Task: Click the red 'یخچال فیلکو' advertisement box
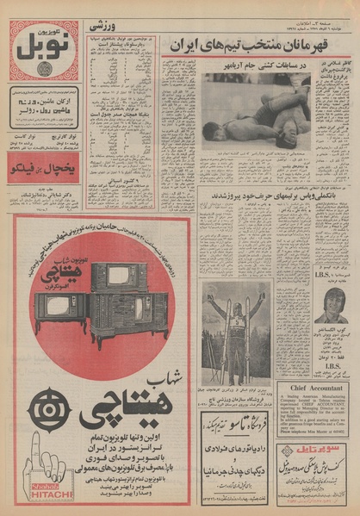[44, 169]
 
